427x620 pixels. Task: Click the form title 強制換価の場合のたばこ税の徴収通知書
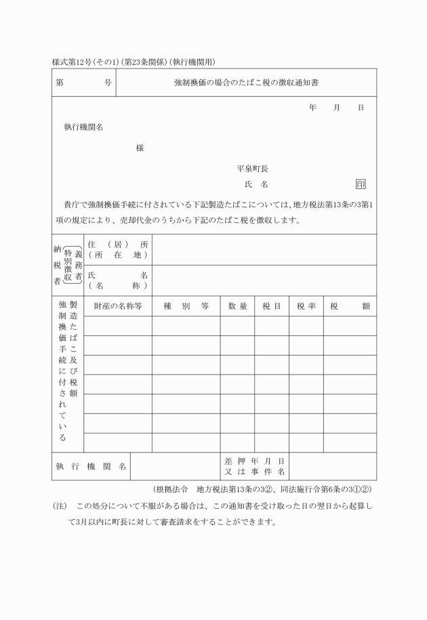coord(247,83)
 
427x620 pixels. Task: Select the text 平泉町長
coord(252,169)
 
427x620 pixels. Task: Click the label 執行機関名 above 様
coord(83,127)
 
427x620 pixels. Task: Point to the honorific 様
coord(140,148)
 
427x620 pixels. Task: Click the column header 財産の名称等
coord(118,306)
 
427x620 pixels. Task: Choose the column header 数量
coord(237,306)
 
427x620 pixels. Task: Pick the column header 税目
coord(272,306)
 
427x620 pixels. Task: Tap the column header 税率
coord(306,306)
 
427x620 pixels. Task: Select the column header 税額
coord(350,306)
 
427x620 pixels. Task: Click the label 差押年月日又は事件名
coord(254,466)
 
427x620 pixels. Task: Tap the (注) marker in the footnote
coord(60,506)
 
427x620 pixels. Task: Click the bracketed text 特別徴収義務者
coord(73,265)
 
